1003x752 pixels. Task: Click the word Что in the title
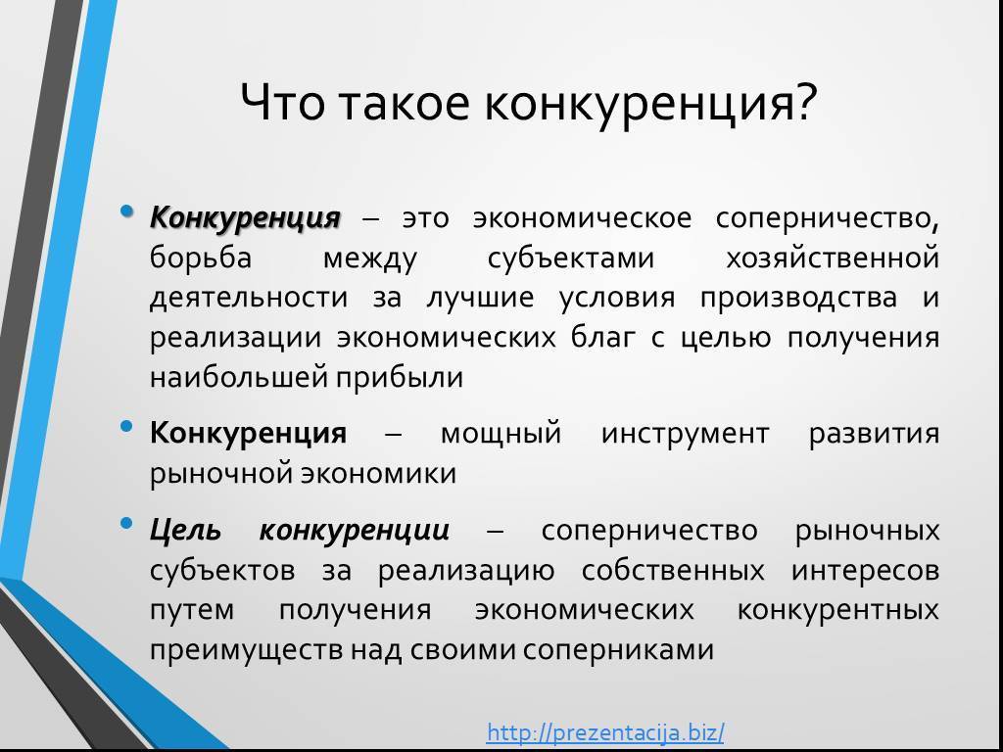click(282, 102)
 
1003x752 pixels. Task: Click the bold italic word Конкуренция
click(245, 218)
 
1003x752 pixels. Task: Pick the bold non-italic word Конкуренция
click(248, 434)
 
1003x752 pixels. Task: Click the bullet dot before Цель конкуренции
click(126, 524)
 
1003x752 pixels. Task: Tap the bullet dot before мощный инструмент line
click(126, 426)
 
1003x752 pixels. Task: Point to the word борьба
click(201, 258)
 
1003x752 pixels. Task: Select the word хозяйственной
click(833, 258)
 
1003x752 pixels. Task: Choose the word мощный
click(501, 434)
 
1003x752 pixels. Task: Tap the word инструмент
click(685, 434)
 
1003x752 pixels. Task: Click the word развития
click(874, 435)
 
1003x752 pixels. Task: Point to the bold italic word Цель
click(185, 531)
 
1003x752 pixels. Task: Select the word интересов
click(866, 571)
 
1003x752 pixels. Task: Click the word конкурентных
click(838, 610)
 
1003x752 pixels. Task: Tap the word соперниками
click(618, 650)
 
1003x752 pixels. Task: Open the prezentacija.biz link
click(605, 731)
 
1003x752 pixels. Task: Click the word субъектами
click(571, 258)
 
